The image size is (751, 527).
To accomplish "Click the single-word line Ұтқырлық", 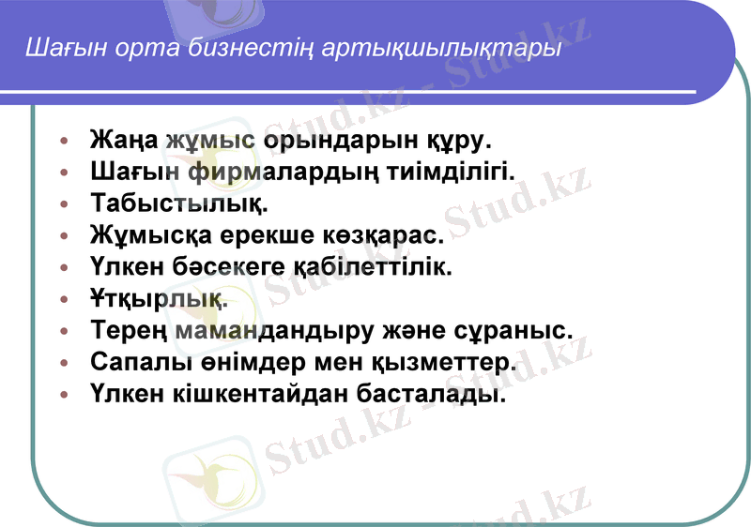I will click(x=159, y=298).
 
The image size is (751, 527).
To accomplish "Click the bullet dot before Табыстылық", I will click(x=64, y=203).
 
